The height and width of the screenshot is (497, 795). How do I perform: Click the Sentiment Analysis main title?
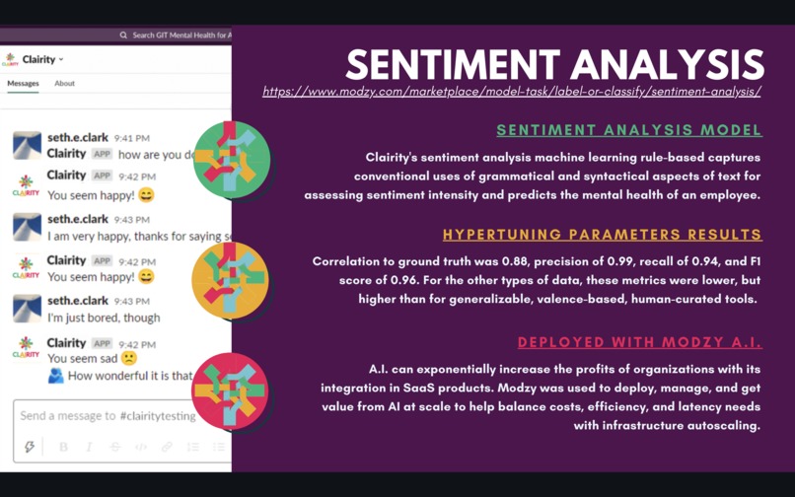click(x=554, y=64)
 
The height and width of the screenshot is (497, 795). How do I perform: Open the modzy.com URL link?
click(x=511, y=92)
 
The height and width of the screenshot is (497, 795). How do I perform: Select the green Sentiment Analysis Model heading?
click(x=628, y=130)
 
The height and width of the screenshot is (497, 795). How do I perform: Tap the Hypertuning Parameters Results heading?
click(x=602, y=235)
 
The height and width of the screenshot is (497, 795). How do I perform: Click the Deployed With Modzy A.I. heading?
click(x=639, y=342)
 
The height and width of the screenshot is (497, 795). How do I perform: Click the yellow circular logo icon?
click(x=230, y=279)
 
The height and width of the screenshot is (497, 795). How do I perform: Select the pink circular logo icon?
click(x=230, y=390)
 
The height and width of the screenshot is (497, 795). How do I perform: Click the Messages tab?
click(x=24, y=84)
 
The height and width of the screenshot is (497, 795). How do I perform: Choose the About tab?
click(x=64, y=84)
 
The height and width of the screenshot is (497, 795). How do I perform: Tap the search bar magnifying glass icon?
click(x=123, y=35)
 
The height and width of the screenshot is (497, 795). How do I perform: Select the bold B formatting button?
click(x=64, y=447)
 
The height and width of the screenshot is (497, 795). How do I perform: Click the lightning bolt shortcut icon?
click(x=30, y=447)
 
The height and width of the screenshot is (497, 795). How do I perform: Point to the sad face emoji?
click(x=128, y=359)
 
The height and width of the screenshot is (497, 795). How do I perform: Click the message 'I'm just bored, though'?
click(x=104, y=319)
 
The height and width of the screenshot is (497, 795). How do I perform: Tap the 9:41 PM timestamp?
click(x=131, y=138)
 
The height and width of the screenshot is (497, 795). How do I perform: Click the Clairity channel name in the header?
click(x=39, y=59)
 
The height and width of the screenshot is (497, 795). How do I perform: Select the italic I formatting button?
click(x=90, y=447)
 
